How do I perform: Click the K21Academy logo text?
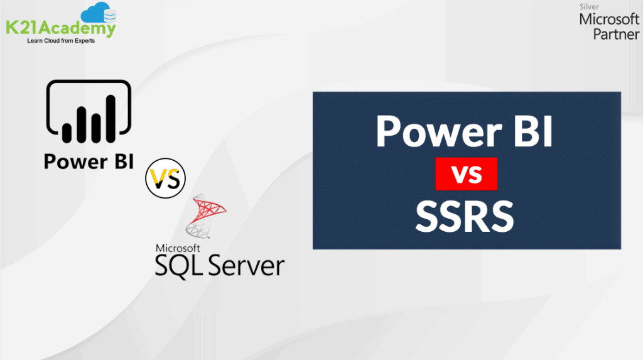tap(60, 29)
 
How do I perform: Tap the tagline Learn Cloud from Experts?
tap(61, 41)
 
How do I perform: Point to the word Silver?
tap(590, 8)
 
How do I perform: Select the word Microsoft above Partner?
tap(608, 19)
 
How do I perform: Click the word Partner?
tap(616, 35)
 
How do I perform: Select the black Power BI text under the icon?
tap(88, 161)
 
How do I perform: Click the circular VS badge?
tap(166, 178)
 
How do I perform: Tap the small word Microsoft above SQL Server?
tap(178, 248)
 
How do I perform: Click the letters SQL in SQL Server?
tap(179, 265)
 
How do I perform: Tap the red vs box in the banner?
tap(466, 174)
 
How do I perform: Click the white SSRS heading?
tap(465, 215)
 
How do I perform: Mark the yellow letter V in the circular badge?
tap(160, 179)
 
